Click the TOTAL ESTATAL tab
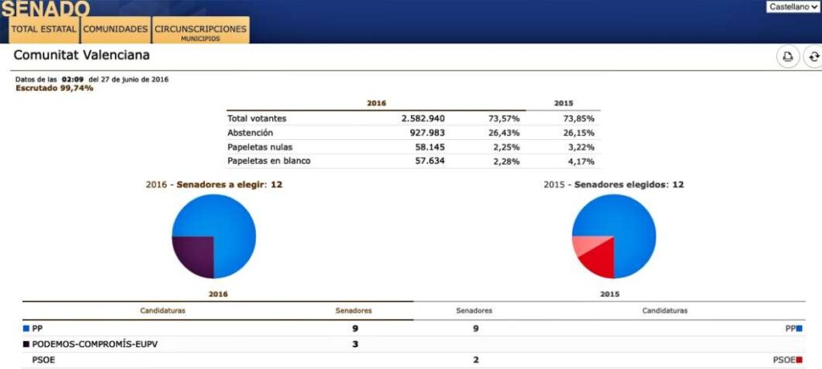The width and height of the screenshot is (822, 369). pyautogui.click(x=43, y=29)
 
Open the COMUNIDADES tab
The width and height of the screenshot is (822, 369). pyautogui.click(x=115, y=29)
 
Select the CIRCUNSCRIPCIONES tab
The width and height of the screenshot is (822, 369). pyautogui.click(x=200, y=30)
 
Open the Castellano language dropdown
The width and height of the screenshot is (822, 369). pyautogui.click(x=793, y=6)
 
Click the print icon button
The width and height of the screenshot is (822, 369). pyautogui.click(x=787, y=56)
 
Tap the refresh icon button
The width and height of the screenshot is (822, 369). pyautogui.click(x=813, y=56)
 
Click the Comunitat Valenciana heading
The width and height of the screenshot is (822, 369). pyautogui.click(x=82, y=55)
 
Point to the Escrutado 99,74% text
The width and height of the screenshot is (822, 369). pyautogui.click(x=55, y=88)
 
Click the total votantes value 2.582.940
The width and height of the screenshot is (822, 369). pyautogui.click(x=423, y=118)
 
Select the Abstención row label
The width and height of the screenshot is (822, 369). pyautogui.click(x=250, y=133)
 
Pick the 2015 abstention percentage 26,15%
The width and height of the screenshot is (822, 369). pyautogui.click(x=579, y=133)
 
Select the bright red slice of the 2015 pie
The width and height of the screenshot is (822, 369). pyautogui.click(x=599, y=260)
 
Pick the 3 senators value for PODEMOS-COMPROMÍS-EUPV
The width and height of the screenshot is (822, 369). pyautogui.click(x=356, y=344)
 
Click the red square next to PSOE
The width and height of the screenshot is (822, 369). pyautogui.click(x=800, y=359)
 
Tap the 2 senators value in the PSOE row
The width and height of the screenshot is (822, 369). pyautogui.click(x=475, y=359)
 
